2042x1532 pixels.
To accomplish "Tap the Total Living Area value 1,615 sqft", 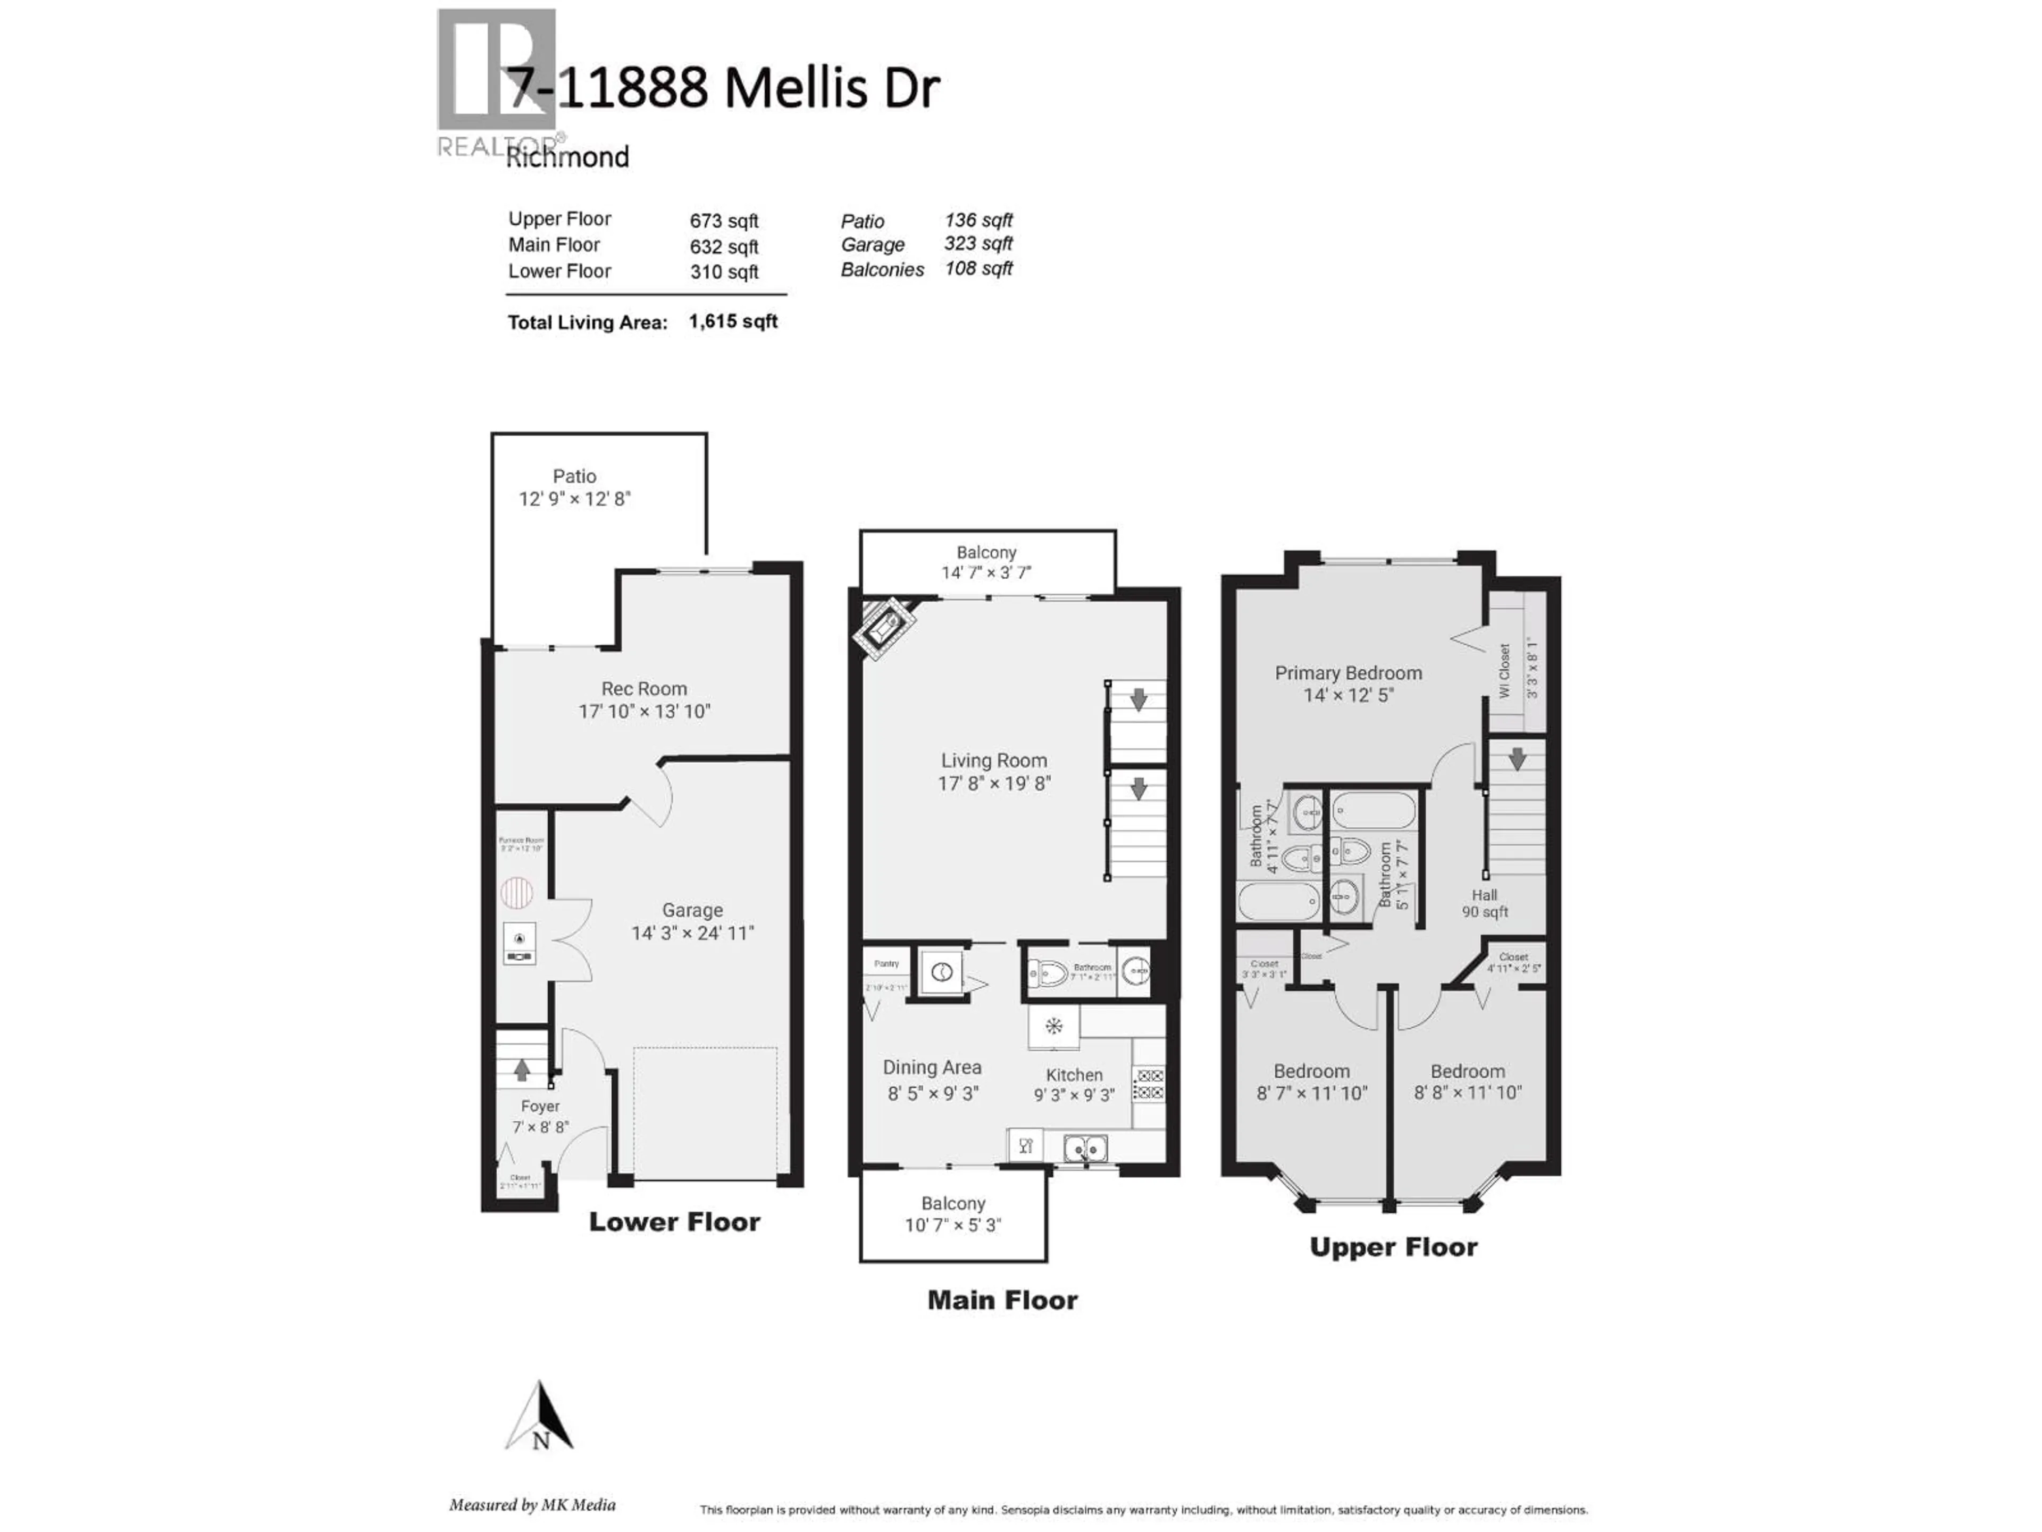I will click(x=733, y=321).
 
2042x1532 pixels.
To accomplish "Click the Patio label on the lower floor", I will click(x=574, y=477).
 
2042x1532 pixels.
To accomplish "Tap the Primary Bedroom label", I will click(x=1348, y=673).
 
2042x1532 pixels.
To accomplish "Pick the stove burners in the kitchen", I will click(x=1149, y=1084).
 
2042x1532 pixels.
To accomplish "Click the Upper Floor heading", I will click(x=1393, y=1247).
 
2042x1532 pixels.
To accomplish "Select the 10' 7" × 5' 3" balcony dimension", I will click(x=953, y=1226).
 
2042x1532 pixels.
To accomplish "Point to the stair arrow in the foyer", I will click(x=522, y=1069).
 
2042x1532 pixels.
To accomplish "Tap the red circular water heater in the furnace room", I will click(x=517, y=892).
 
